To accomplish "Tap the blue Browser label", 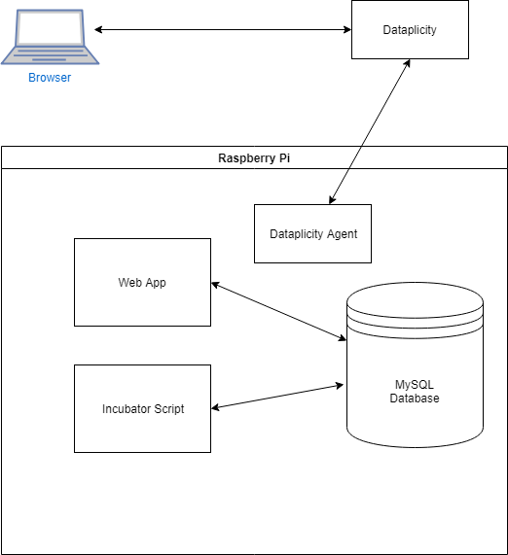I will coord(49,78).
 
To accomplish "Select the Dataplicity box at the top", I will coord(410,30).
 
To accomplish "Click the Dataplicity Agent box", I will coord(312,233).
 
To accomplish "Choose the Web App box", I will coord(142,282).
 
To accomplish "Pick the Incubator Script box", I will coord(142,408).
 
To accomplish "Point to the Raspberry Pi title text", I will coord(254,157).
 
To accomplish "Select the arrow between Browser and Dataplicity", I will coord(224,30).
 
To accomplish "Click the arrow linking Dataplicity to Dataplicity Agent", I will coord(370,131).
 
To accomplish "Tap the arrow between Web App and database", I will coord(279,311).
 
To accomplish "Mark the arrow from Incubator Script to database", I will coord(277,397).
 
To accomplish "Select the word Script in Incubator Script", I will coord(168,409).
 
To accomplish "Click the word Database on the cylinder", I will coord(415,399).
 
